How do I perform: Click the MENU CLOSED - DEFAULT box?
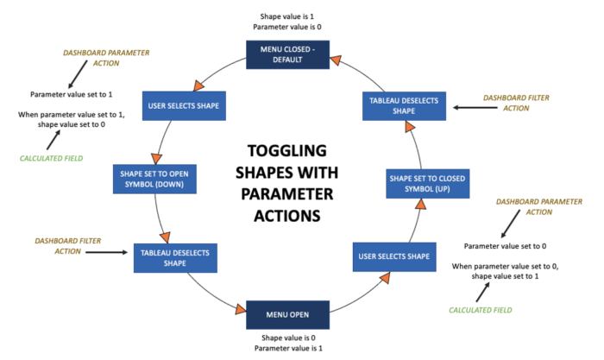287,54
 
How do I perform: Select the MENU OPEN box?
287,315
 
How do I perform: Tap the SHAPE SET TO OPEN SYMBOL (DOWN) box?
154,180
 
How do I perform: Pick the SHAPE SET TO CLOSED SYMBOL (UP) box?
428,184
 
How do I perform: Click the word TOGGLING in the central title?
287,151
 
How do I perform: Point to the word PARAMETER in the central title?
287,194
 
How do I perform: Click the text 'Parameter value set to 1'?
72,94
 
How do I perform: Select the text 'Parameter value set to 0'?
505,246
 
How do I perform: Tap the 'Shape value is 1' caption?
287,16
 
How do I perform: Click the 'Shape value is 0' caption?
288,338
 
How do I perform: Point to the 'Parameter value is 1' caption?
288,349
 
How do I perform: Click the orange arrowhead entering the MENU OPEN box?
241,309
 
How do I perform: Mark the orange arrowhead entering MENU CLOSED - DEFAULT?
336,60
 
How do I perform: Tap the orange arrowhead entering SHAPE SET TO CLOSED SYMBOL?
421,204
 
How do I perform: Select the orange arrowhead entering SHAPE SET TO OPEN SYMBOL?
156,159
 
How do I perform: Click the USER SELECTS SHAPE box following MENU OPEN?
394,256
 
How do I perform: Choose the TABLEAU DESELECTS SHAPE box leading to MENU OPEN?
175,258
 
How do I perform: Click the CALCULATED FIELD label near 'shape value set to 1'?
481,310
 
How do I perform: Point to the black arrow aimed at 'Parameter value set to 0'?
511,224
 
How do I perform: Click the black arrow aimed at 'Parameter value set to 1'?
78,74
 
